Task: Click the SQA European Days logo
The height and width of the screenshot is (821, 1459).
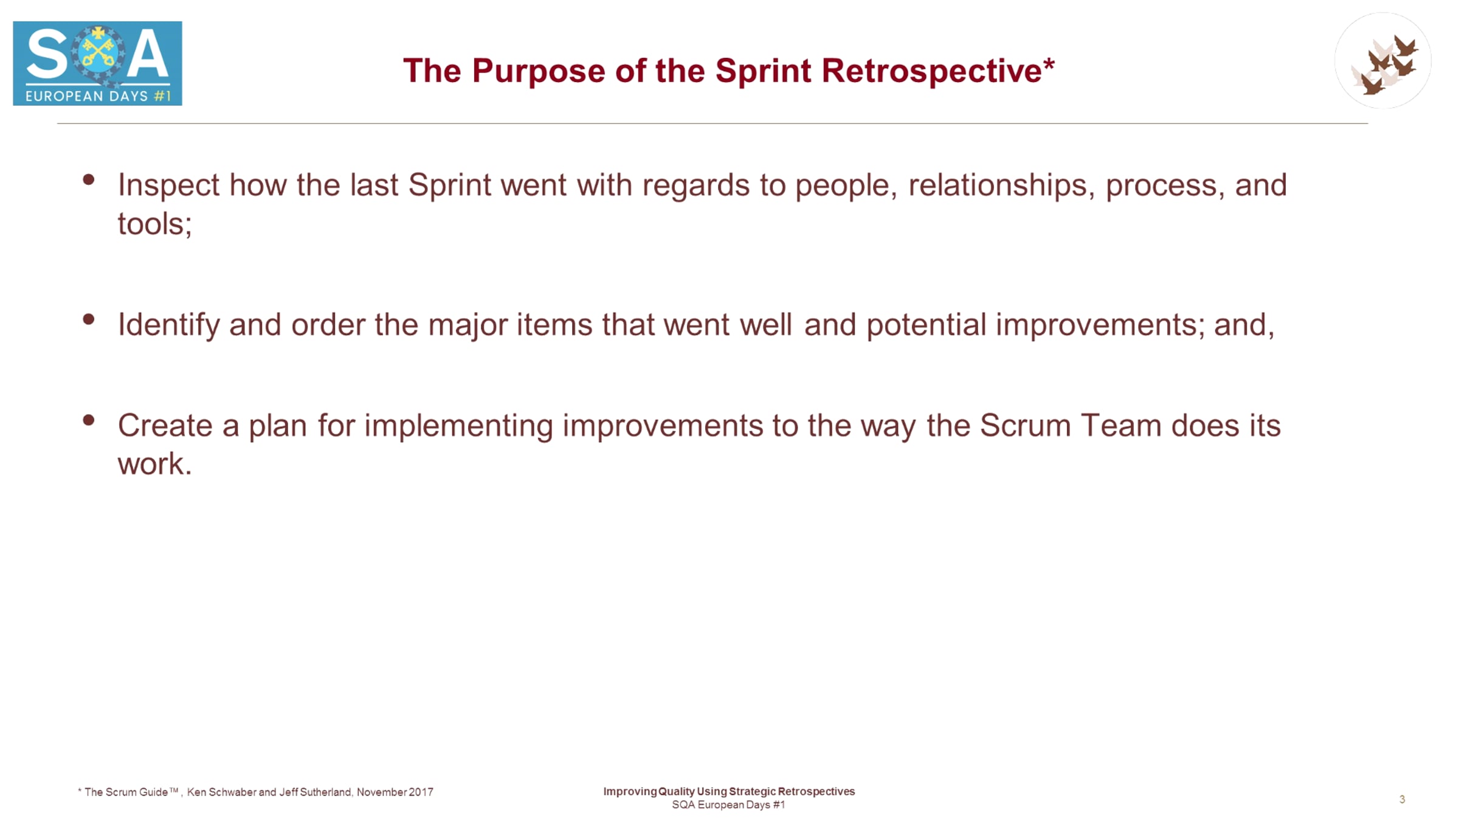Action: tap(97, 63)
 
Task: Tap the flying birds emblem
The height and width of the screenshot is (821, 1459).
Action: tap(1383, 61)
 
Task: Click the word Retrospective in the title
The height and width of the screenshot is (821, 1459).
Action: tap(938, 71)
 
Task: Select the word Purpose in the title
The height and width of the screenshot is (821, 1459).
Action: tap(539, 72)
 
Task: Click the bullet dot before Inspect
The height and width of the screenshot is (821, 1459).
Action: tap(89, 179)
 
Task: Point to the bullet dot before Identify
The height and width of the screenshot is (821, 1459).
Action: tap(89, 319)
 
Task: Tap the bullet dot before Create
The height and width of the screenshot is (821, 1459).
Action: tap(89, 420)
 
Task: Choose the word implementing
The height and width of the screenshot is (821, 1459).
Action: tap(458, 426)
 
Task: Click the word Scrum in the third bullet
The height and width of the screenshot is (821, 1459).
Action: tap(1025, 426)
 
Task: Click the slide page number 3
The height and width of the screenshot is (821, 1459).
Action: tap(1402, 799)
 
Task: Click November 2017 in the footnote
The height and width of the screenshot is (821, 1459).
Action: tap(395, 792)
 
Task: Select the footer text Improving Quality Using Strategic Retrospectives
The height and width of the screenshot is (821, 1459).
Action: tap(729, 791)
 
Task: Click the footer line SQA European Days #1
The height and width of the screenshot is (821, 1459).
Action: tap(728, 805)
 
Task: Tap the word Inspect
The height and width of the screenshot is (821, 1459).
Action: tap(168, 185)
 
